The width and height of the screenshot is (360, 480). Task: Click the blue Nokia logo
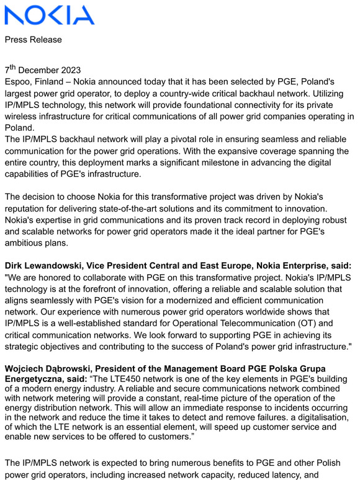[x=50, y=16]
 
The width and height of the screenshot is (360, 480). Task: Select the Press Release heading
[x=34, y=40]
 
